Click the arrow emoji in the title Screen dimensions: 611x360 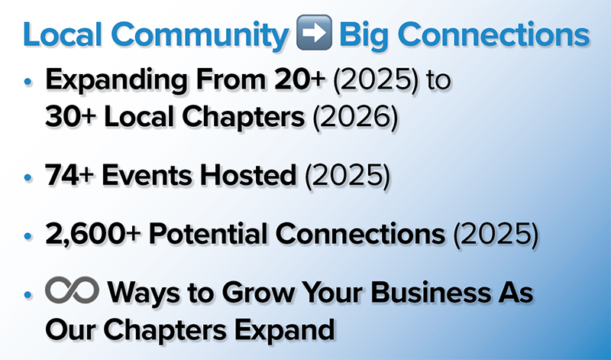pos(314,32)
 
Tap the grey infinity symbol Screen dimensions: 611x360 pos(72,290)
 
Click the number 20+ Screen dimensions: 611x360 pos(299,79)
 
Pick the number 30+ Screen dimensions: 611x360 pos(70,116)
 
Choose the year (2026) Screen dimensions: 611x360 pos(356,117)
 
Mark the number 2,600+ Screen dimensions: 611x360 pos(92,234)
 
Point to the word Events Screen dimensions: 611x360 pos(147,175)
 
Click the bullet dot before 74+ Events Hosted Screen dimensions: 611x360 pos(27,177)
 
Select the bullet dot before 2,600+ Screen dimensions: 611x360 pos(27,236)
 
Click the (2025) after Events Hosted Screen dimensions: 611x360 pos(348,176)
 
